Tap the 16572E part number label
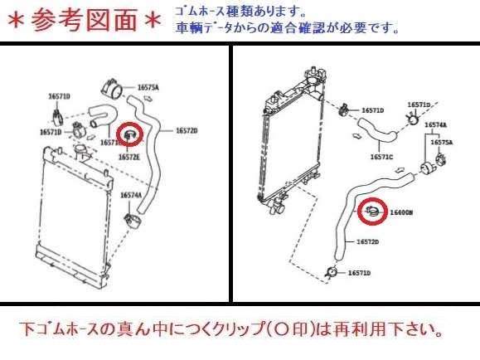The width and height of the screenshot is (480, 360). [129, 155]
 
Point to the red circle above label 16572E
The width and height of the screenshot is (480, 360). [131, 133]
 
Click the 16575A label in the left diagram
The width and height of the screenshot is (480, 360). [148, 86]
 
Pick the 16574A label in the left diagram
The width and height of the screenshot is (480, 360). [131, 195]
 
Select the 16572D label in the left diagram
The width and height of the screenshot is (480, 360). [186, 130]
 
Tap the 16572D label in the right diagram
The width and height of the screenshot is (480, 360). [367, 242]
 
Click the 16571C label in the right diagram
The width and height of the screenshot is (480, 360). [381, 156]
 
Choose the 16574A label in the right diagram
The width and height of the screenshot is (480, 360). [436, 124]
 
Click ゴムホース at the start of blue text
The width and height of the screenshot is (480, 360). [201, 12]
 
